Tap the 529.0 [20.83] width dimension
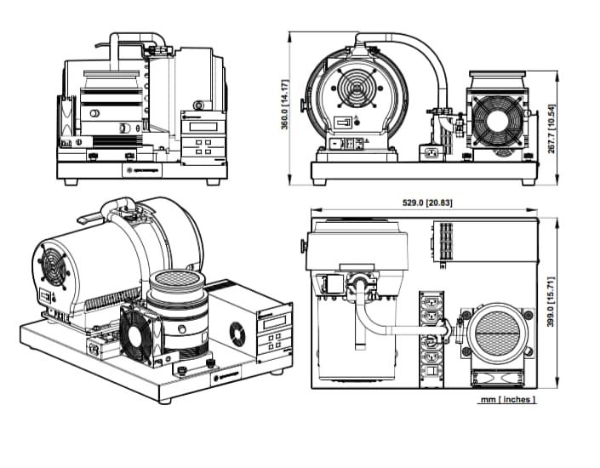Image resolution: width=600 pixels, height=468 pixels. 425,203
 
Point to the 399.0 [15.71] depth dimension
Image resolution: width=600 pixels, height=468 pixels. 551,302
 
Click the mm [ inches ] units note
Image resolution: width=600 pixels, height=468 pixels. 507,399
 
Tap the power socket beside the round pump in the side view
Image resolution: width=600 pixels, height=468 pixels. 431,153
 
